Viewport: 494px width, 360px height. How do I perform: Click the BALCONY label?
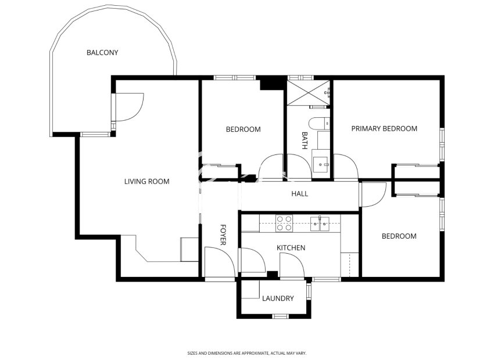102,53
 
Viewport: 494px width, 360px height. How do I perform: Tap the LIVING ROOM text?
146,182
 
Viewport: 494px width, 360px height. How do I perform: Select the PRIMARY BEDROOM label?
384,129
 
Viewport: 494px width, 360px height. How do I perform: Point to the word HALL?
299,194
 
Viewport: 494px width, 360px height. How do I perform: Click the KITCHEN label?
291,248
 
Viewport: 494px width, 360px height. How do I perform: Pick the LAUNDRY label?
278,299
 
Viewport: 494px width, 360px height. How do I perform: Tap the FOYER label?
223,235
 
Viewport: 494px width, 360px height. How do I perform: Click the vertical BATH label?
304,141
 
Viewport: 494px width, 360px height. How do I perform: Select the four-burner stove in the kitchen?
284,223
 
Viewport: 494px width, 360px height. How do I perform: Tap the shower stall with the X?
308,92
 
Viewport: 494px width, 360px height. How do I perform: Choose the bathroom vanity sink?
320,162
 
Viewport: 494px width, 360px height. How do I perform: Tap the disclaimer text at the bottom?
246,352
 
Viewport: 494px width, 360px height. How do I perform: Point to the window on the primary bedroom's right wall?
442,144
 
